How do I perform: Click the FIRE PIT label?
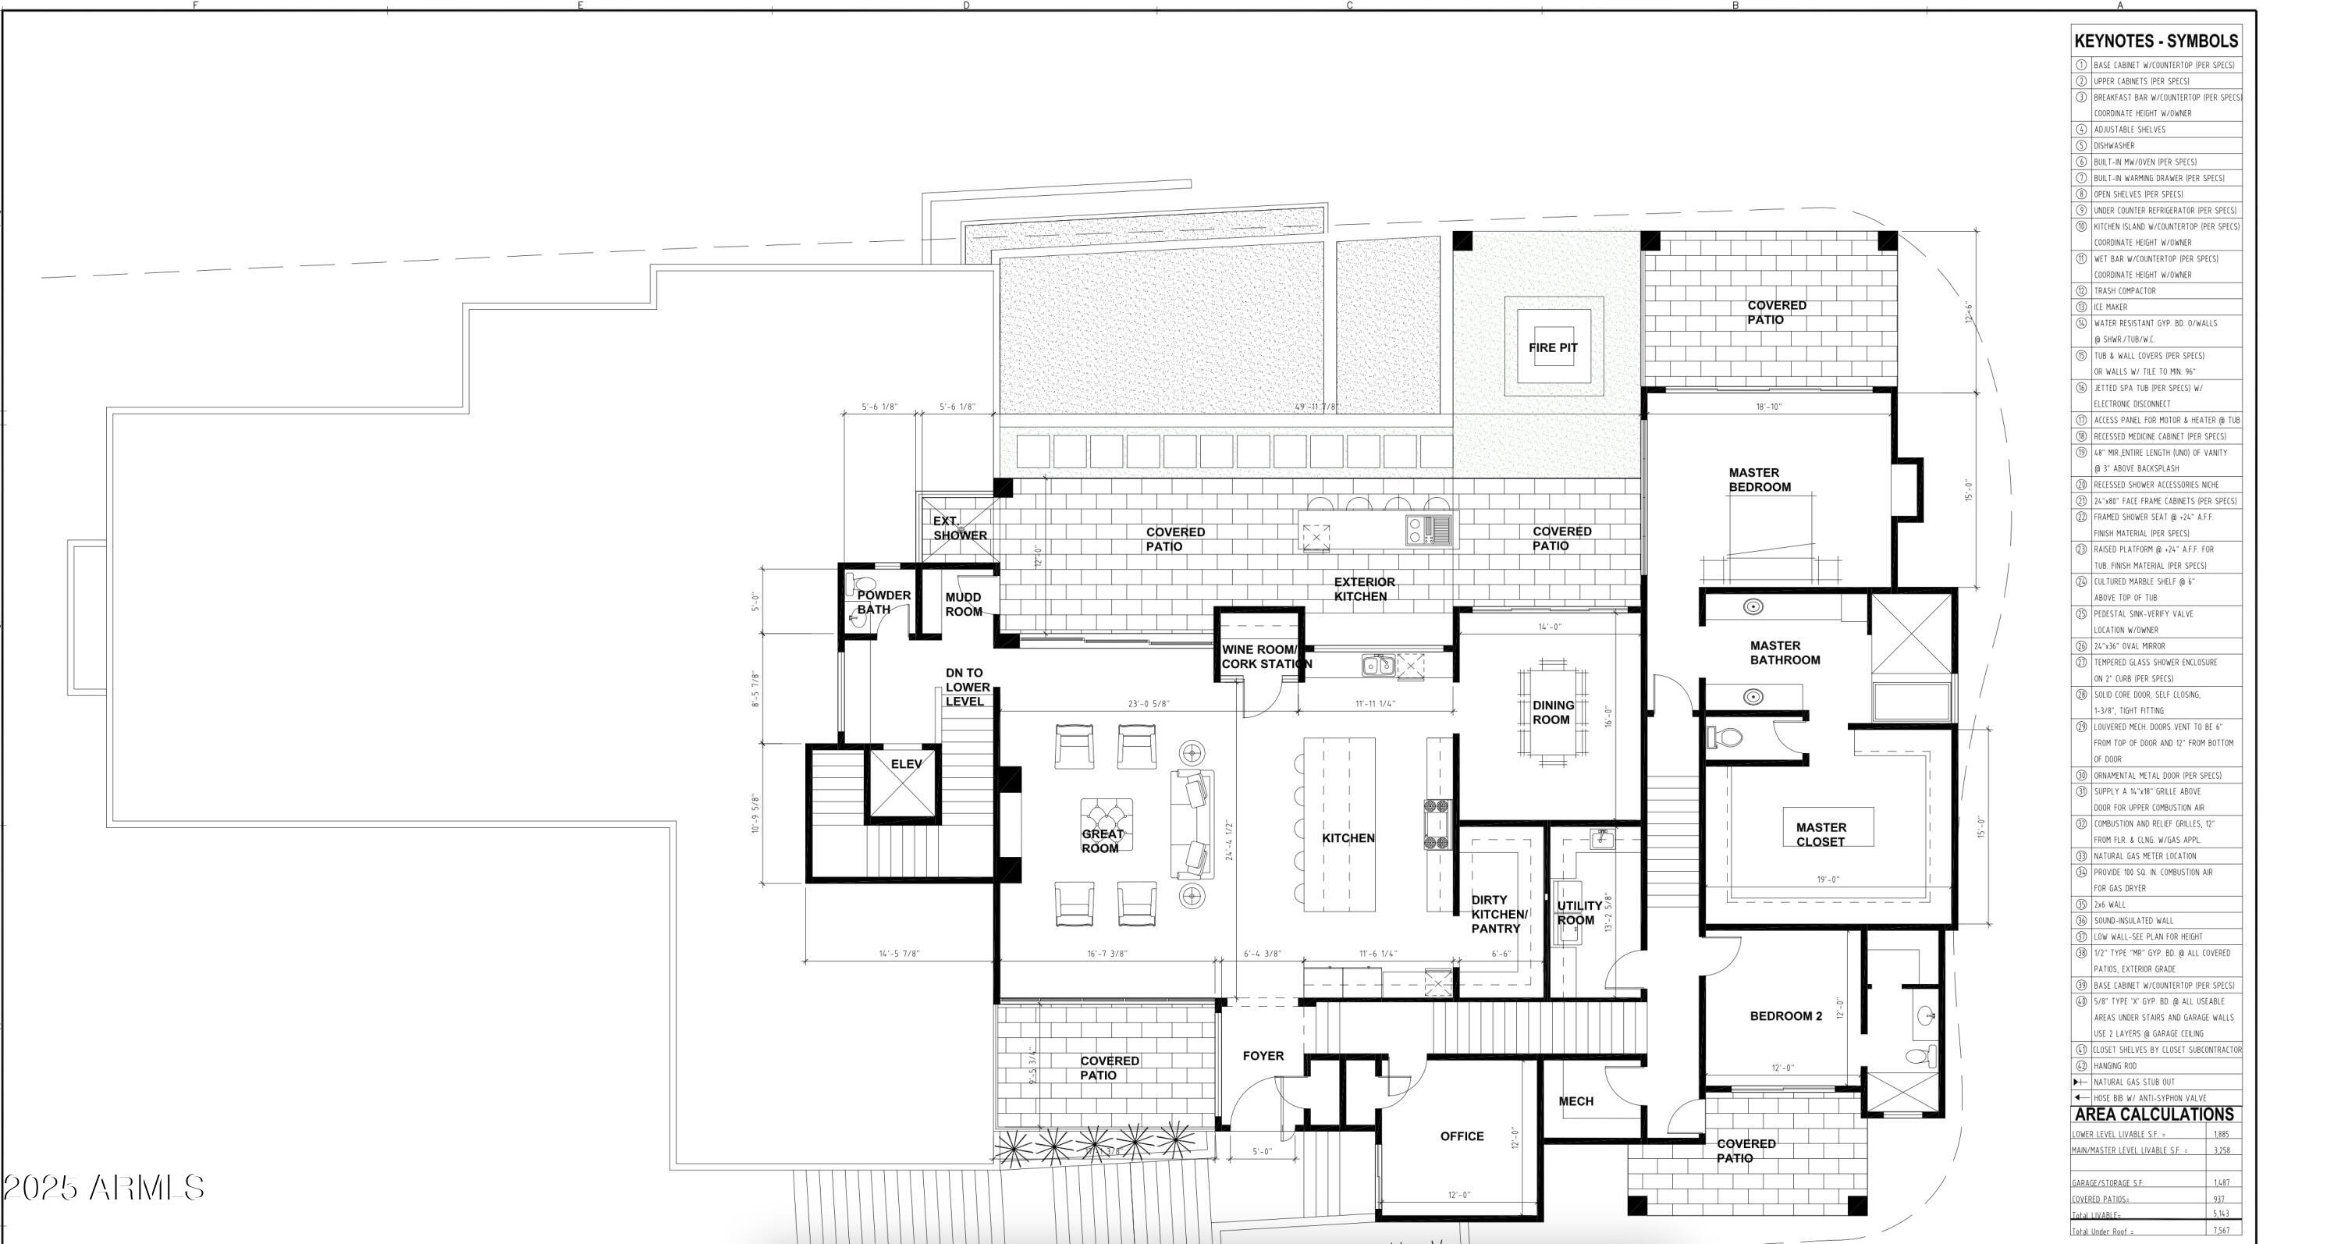[1552, 347]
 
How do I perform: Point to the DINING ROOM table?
[1552, 712]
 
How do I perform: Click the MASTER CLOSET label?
[1821, 833]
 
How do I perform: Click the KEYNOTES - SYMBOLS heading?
[2155, 41]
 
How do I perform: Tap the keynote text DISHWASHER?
[2114, 145]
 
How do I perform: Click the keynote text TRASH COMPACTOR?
[2124, 291]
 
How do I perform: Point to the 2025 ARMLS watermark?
[103, 1187]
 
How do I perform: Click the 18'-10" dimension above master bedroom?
[1767, 406]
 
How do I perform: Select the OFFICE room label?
[1462, 1136]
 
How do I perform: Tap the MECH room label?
[1575, 1100]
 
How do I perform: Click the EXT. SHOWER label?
[959, 528]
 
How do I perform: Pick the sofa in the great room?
[1192, 824]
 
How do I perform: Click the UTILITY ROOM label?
[1579, 912]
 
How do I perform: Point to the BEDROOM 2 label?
[1785, 1016]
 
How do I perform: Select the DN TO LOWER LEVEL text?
[966, 687]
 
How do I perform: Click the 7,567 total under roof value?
[2221, 1232]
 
